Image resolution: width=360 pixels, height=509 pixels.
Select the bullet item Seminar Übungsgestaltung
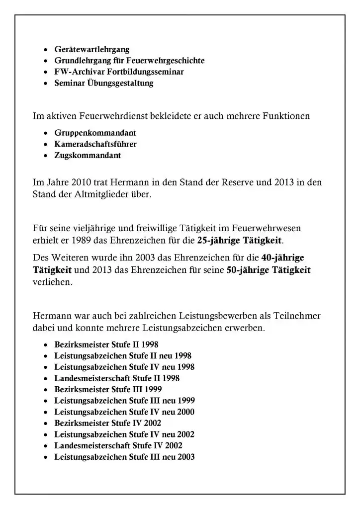(x=104, y=83)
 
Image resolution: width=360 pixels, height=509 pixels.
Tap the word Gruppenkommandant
(x=95, y=133)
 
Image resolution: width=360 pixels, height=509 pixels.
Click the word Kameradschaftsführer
(x=95, y=144)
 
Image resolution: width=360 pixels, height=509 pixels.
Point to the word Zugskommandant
(x=88, y=155)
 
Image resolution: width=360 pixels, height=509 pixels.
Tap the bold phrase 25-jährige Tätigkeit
(x=240, y=241)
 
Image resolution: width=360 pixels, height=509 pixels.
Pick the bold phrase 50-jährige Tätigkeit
(x=269, y=270)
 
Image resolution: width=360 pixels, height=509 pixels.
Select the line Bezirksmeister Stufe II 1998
(x=106, y=344)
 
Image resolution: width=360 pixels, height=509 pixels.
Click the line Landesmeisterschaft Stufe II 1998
(x=117, y=378)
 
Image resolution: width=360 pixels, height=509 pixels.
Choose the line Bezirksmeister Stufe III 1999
(x=108, y=389)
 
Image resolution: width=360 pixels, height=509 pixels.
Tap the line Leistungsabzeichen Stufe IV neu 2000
(x=124, y=412)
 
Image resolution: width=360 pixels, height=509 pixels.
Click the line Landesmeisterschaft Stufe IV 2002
(x=118, y=445)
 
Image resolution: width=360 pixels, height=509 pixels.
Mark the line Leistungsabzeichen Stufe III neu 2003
(x=124, y=457)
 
